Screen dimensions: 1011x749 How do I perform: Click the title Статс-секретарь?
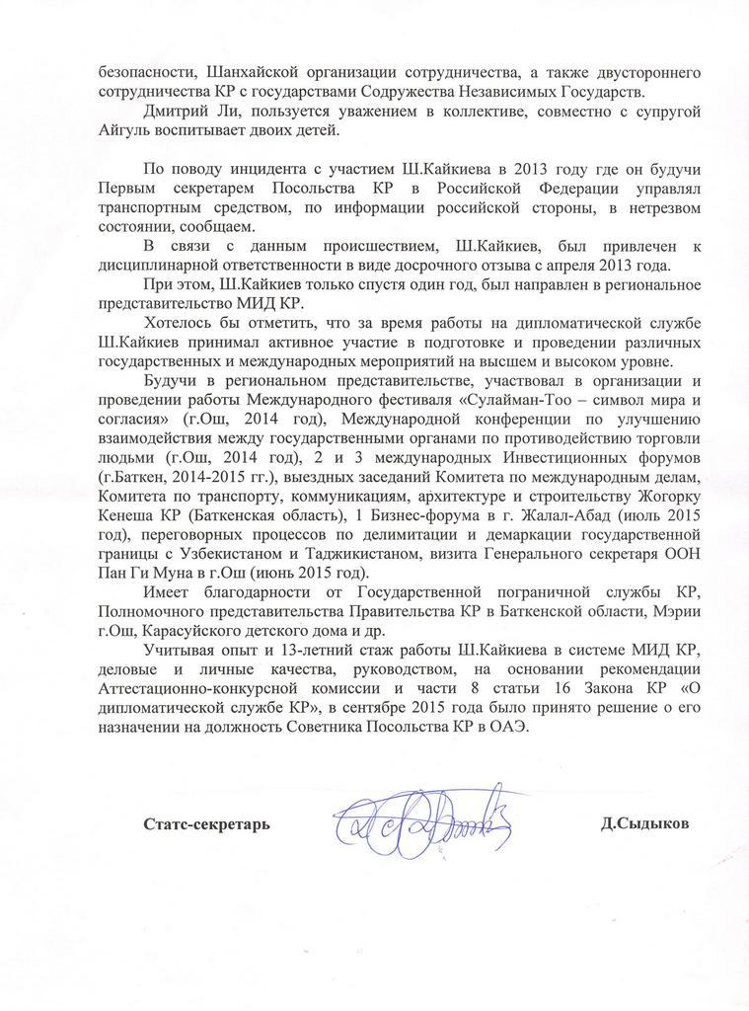pyautogui.click(x=205, y=822)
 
